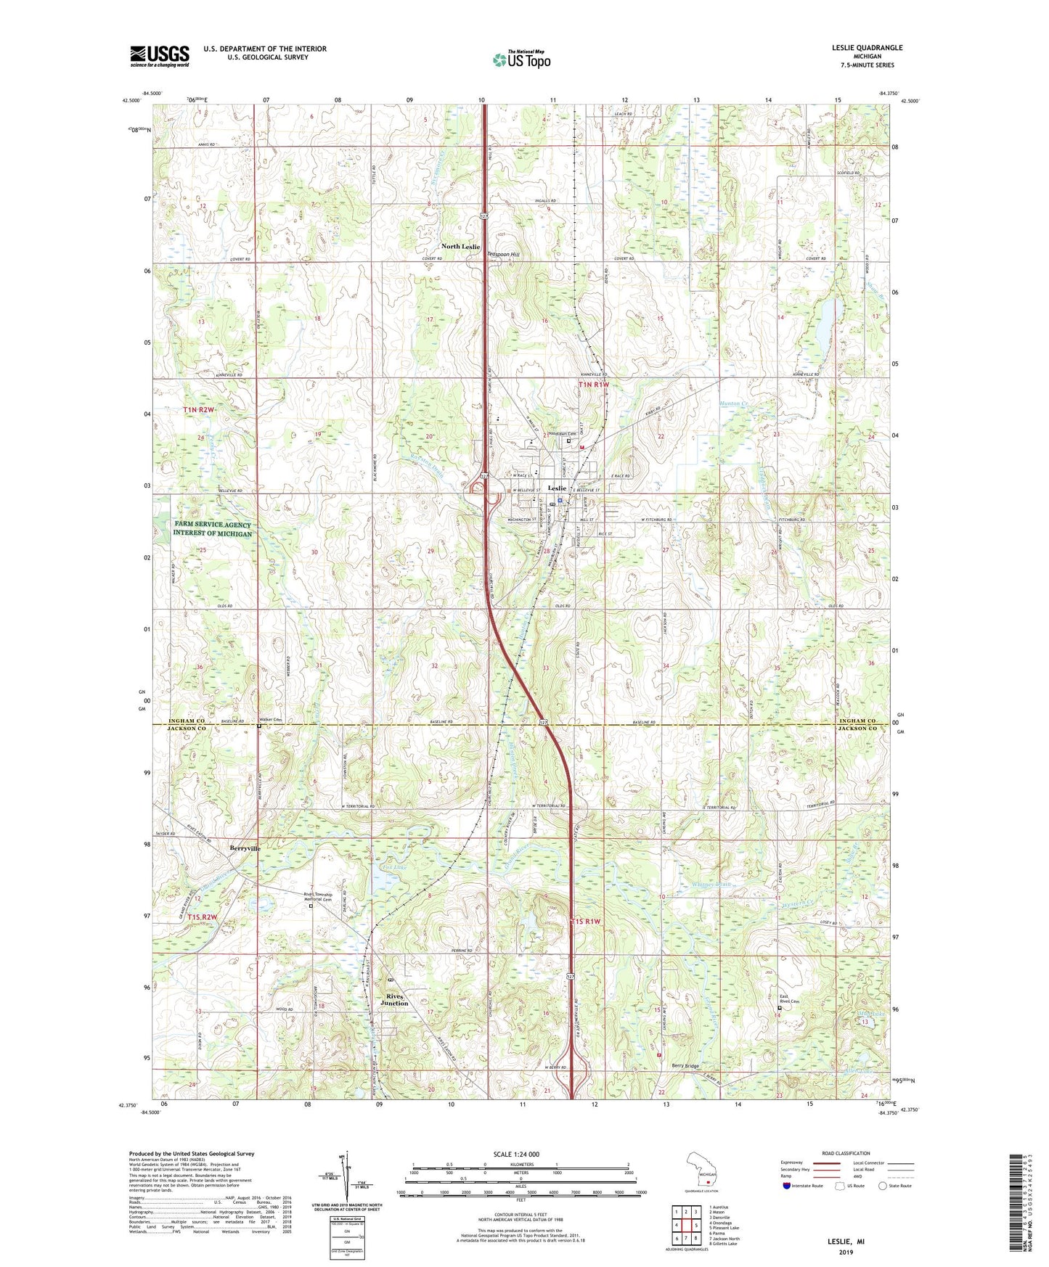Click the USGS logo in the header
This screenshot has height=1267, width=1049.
[x=160, y=56]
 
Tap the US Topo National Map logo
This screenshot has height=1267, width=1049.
[x=521, y=60]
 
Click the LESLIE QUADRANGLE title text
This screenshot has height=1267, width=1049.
[x=867, y=48]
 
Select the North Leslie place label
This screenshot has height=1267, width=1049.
[x=461, y=247]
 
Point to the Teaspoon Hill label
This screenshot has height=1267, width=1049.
[x=503, y=255]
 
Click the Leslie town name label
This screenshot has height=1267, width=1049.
[x=557, y=488]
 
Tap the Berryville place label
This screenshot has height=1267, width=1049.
[x=245, y=848]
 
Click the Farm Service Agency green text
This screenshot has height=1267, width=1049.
[x=212, y=529]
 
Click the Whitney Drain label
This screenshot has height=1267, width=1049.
[x=712, y=885]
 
